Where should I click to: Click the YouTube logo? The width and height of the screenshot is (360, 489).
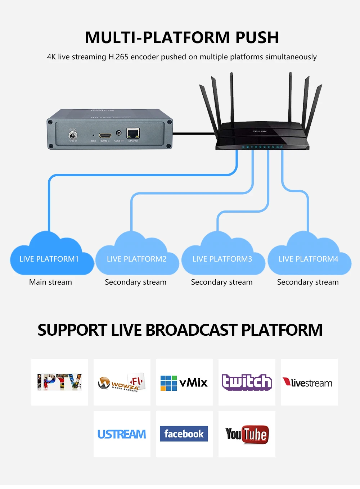click(247, 434)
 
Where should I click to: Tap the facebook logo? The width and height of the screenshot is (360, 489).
click(184, 434)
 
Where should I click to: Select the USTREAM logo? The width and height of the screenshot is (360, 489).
click(122, 434)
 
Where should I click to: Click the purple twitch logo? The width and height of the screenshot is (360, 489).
click(247, 382)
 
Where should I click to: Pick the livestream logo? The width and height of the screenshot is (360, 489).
click(309, 382)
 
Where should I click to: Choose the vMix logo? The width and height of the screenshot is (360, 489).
click(184, 382)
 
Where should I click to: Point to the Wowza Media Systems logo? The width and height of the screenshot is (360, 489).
click(122, 382)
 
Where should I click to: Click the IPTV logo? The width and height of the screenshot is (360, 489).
click(59, 382)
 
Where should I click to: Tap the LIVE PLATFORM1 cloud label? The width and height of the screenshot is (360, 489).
click(49, 259)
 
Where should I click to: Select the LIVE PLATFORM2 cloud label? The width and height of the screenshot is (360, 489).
click(136, 259)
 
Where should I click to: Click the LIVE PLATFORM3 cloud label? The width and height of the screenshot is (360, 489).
click(222, 259)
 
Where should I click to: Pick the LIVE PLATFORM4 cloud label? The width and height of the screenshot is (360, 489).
click(308, 259)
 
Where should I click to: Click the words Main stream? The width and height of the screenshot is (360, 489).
click(50, 282)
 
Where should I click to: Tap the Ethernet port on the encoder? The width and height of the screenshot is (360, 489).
click(133, 133)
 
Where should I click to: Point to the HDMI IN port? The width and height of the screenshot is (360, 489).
click(105, 136)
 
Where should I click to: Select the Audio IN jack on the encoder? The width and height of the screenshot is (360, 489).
click(118, 133)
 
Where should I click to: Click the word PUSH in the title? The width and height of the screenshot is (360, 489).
click(257, 38)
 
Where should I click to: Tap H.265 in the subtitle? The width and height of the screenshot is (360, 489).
click(118, 57)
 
